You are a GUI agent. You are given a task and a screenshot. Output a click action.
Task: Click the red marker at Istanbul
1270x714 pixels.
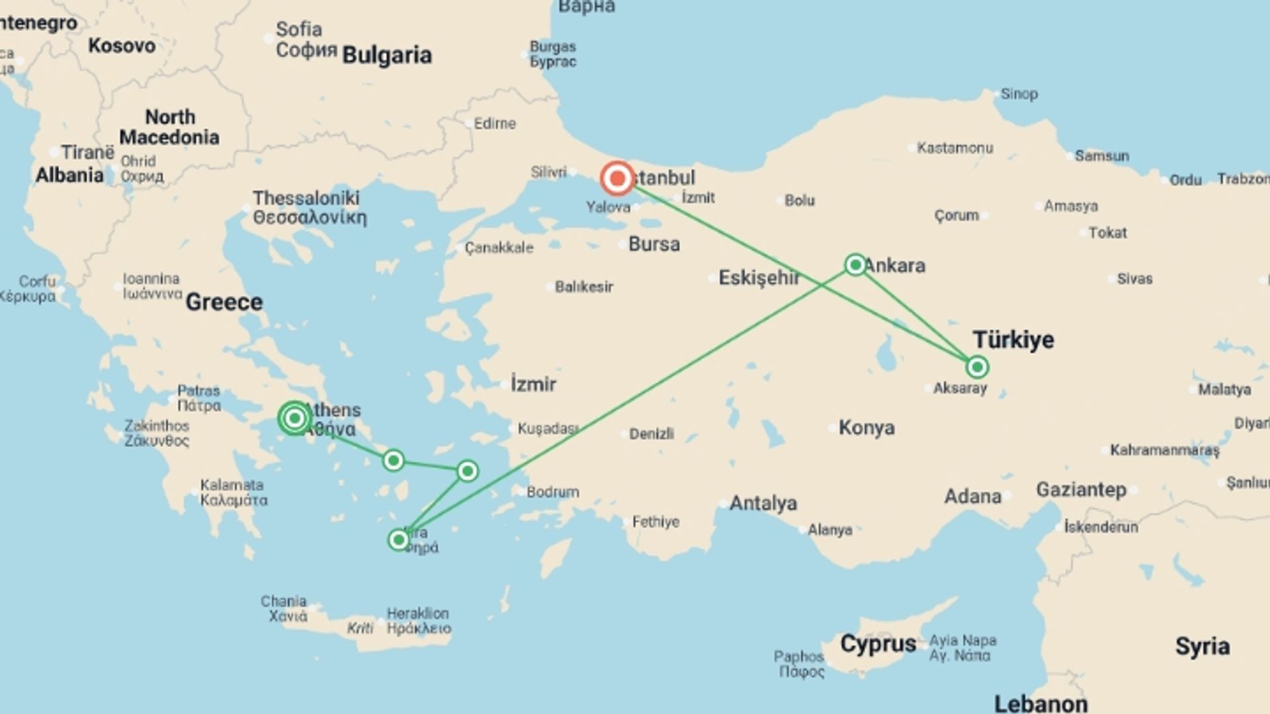pos(617,178)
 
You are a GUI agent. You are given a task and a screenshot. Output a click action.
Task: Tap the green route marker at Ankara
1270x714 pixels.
pos(855,265)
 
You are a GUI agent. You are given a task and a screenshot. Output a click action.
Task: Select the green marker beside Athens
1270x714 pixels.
pos(294,418)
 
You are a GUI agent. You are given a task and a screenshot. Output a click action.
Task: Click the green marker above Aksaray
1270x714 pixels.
pos(977,367)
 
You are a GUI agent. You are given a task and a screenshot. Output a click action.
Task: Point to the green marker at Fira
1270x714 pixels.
pos(398,540)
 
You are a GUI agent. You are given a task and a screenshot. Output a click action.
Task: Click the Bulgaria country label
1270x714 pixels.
pos(387,56)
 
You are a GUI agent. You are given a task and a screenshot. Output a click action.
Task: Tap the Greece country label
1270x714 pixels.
pos(224,302)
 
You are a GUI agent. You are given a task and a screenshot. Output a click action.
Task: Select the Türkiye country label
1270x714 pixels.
pos(1013,340)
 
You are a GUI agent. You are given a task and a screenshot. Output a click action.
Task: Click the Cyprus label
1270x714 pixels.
pos(878,644)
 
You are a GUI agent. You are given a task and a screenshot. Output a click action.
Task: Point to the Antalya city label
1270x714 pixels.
pos(763,504)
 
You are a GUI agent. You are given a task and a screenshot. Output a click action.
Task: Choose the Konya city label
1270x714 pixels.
pos(867,428)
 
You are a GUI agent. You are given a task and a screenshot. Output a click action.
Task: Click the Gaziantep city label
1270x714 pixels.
pos(1081,490)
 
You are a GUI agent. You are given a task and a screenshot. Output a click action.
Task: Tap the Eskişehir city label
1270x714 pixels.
pos(759,278)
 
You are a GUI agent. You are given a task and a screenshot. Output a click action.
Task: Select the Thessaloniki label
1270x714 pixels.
pos(306,198)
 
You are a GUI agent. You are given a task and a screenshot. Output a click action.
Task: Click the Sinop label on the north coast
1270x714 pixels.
pos(1019,94)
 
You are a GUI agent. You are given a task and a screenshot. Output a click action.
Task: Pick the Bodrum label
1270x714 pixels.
pos(552,492)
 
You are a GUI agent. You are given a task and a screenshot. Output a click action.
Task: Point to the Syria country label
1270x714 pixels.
pos(1202,646)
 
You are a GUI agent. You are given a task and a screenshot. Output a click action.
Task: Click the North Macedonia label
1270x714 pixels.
pos(169,127)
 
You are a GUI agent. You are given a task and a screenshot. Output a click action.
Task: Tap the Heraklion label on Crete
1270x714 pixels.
pos(417,614)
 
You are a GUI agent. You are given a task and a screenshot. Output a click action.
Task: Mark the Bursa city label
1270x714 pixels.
pos(654,245)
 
